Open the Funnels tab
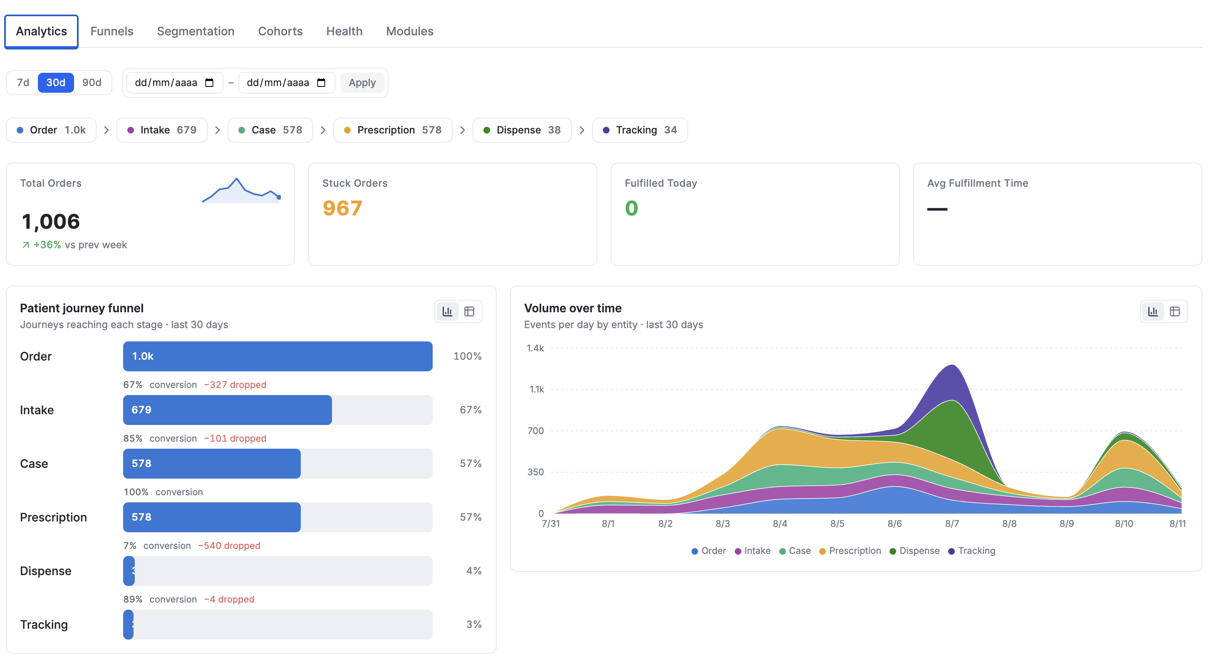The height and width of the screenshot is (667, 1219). click(111, 31)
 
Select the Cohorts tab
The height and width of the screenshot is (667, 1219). click(280, 31)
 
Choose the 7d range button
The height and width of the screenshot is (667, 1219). click(23, 83)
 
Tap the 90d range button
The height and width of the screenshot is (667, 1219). click(92, 83)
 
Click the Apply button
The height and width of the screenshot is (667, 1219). click(362, 83)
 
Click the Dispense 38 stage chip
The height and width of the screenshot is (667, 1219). click(522, 130)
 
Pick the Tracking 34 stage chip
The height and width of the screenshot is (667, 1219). click(640, 130)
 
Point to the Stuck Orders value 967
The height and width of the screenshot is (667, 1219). click(342, 208)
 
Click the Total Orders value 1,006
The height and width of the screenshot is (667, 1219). click(51, 221)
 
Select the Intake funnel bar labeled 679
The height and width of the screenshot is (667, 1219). click(227, 410)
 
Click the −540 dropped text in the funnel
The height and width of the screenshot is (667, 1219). click(229, 546)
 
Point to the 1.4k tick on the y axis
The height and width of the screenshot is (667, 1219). click(535, 348)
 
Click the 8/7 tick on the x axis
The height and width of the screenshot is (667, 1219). click(952, 524)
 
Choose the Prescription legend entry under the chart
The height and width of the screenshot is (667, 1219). click(850, 551)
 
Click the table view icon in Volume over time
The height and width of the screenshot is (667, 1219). click(1174, 311)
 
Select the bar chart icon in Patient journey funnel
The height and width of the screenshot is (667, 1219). click(447, 311)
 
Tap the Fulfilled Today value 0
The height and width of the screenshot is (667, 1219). click(631, 208)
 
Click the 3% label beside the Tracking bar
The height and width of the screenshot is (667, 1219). click(474, 625)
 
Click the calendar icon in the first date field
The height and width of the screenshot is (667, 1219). click(209, 83)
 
